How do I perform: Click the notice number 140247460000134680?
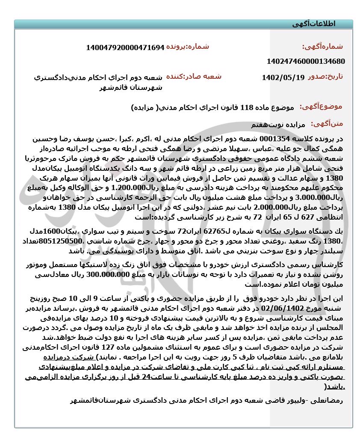pos(305,61)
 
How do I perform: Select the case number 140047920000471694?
pos(125,47)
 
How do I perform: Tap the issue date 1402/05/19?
pos(283,78)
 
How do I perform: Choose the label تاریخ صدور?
pos(325,77)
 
